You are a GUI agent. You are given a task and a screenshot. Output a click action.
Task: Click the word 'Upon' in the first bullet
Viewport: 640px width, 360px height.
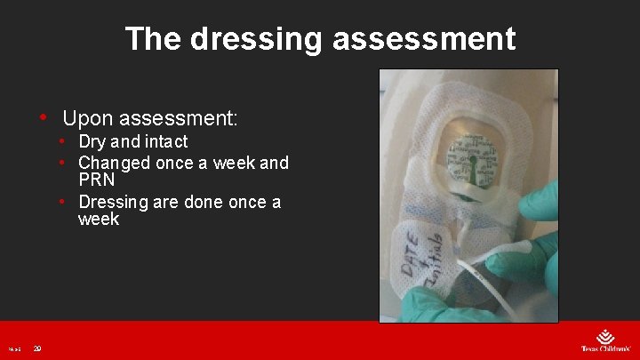(x=87, y=117)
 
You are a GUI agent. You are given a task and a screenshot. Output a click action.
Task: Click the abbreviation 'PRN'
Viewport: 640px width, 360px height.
(x=97, y=180)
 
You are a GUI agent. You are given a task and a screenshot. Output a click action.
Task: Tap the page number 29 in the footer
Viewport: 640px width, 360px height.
(x=36, y=349)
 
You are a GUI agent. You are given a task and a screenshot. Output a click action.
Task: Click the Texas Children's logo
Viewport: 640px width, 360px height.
(x=605, y=341)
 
